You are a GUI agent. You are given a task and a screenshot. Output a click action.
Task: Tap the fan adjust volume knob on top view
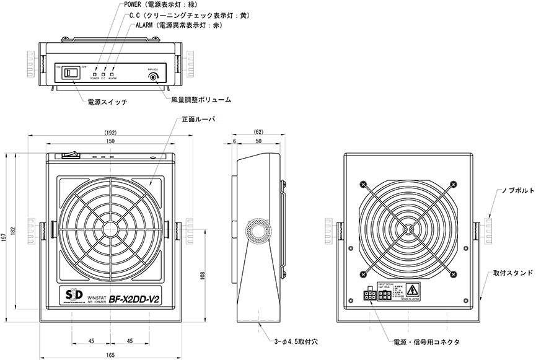(x=152, y=78)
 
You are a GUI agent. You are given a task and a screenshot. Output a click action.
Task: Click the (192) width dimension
(x=110, y=132)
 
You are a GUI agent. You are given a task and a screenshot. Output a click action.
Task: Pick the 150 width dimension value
(x=110, y=142)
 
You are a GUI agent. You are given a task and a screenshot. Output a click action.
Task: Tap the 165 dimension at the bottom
(x=110, y=354)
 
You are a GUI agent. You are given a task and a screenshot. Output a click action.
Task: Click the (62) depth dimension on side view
(x=259, y=132)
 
